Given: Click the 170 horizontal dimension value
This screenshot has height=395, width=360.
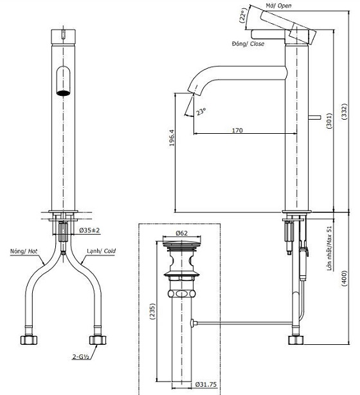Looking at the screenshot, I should (237, 131).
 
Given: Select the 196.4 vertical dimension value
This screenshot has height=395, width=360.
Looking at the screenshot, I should (170, 152).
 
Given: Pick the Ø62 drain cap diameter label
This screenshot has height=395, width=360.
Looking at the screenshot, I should (182, 234).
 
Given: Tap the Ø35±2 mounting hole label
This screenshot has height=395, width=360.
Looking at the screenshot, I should (89, 230).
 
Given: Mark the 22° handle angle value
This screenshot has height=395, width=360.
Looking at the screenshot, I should (242, 15).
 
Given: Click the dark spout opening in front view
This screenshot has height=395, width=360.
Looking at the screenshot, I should (63, 93).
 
